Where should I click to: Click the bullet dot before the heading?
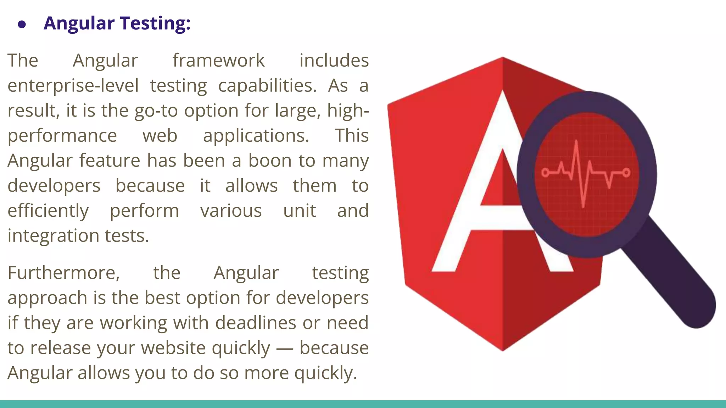[22, 24]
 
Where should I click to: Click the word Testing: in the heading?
[155, 23]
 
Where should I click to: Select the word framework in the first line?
[218, 61]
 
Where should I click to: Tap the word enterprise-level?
[73, 86]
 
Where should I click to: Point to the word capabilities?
[267, 86]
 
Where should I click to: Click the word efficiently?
[48, 211]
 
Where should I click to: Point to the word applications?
[256, 136]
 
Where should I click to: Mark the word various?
[231, 211]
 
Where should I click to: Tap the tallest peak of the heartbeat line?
[576, 142]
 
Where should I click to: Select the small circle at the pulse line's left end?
[546, 172]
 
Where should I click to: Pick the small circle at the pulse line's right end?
[626, 172]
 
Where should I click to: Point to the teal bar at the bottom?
[363, 404]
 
